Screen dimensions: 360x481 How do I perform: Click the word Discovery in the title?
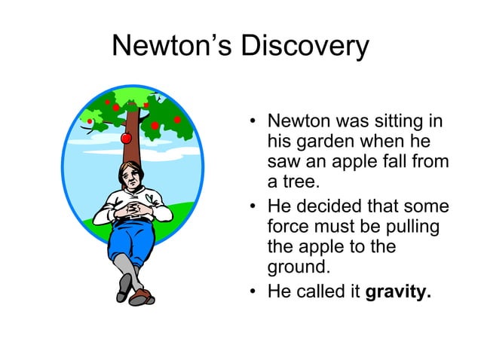tap(305, 47)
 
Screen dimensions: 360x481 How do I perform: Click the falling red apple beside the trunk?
tap(126, 138)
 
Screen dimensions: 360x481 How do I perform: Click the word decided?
tap(332, 206)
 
